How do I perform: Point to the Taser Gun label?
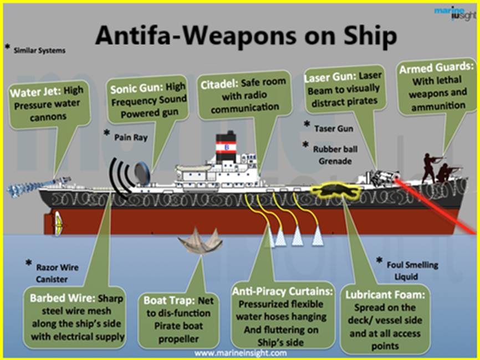click(333, 128)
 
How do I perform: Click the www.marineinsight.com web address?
click(241, 353)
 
